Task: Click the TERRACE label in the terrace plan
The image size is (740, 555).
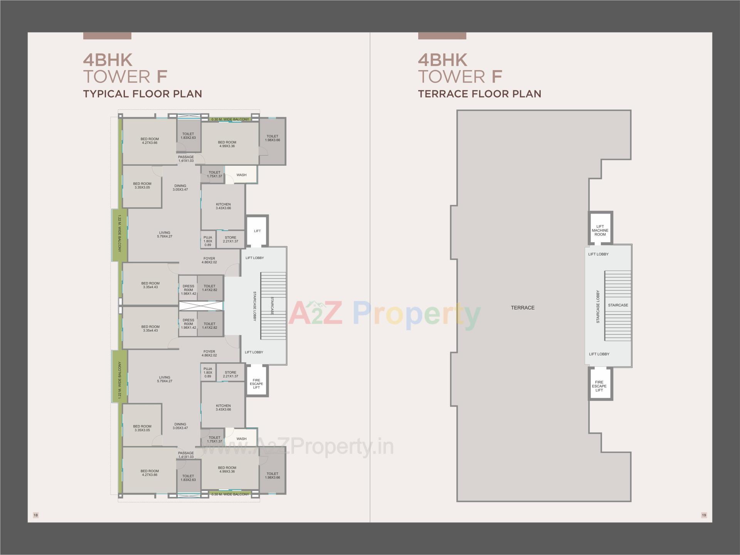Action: [x=523, y=308]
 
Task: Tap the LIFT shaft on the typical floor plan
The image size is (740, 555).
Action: [x=257, y=231]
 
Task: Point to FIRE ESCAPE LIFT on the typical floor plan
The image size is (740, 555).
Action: [x=256, y=384]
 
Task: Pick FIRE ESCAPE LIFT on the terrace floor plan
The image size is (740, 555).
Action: [x=599, y=386]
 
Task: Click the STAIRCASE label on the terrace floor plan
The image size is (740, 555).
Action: [x=618, y=305]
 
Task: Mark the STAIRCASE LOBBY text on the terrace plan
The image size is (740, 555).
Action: [x=598, y=306]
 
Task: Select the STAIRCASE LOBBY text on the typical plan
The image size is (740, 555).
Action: [x=254, y=306]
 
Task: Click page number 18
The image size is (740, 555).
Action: [x=36, y=515]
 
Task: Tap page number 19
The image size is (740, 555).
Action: [x=704, y=515]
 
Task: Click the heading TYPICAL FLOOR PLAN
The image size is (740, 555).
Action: [x=143, y=94]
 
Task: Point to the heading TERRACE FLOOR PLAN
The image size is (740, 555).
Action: [x=479, y=94]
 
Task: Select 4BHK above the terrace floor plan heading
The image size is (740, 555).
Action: [x=442, y=60]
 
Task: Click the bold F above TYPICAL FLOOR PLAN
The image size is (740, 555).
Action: [x=162, y=76]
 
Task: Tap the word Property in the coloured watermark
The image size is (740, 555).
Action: [x=417, y=314]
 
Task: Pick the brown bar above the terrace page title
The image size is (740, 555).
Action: [x=442, y=36]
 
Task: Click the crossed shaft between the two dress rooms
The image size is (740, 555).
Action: [x=201, y=306]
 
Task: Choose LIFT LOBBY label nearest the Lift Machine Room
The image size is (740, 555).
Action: [x=598, y=254]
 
